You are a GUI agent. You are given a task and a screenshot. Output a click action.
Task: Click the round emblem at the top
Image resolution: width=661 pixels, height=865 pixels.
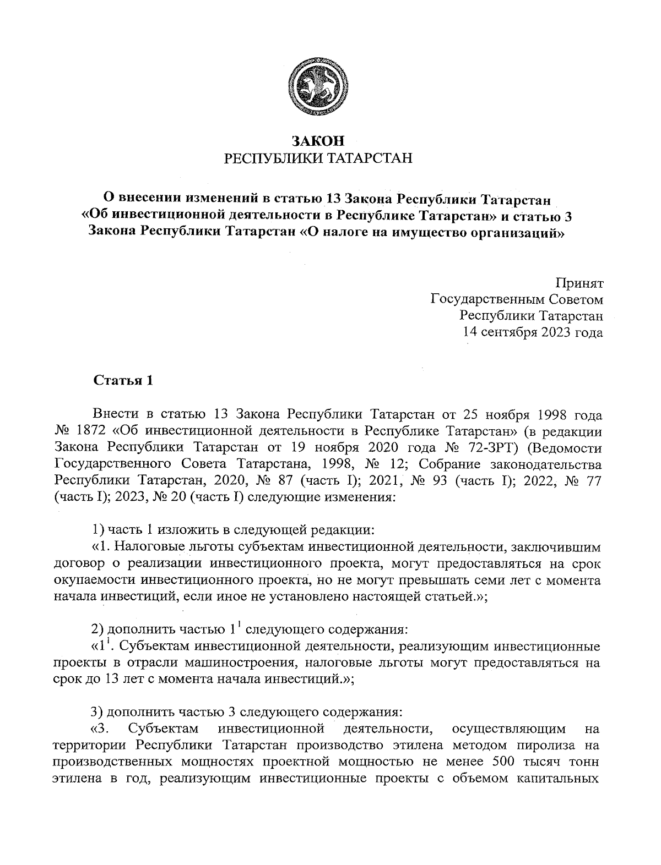click(x=318, y=86)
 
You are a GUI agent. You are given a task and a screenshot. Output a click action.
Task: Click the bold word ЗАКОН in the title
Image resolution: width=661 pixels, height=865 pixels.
click(x=318, y=141)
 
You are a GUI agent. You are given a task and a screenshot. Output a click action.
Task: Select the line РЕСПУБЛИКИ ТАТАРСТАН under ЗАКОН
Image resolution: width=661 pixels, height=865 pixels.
click(x=318, y=159)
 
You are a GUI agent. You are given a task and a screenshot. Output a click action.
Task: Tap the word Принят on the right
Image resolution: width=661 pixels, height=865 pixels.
click(x=579, y=284)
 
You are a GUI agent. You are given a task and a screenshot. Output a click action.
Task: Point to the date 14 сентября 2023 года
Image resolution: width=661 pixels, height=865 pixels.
click(x=533, y=332)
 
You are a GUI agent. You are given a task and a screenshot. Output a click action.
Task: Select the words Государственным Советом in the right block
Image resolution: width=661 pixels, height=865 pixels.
click(x=516, y=300)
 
